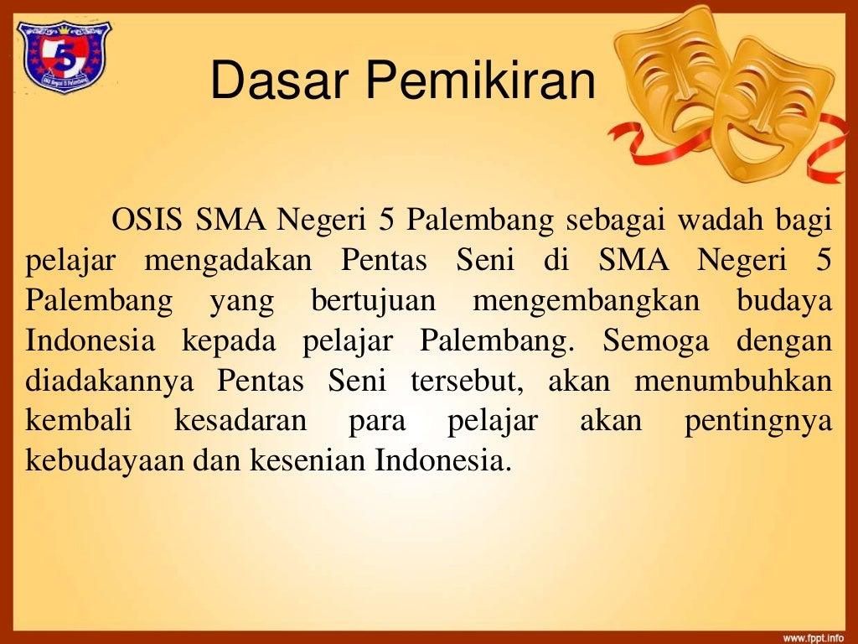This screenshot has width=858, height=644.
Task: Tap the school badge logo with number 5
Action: click(64, 56)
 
